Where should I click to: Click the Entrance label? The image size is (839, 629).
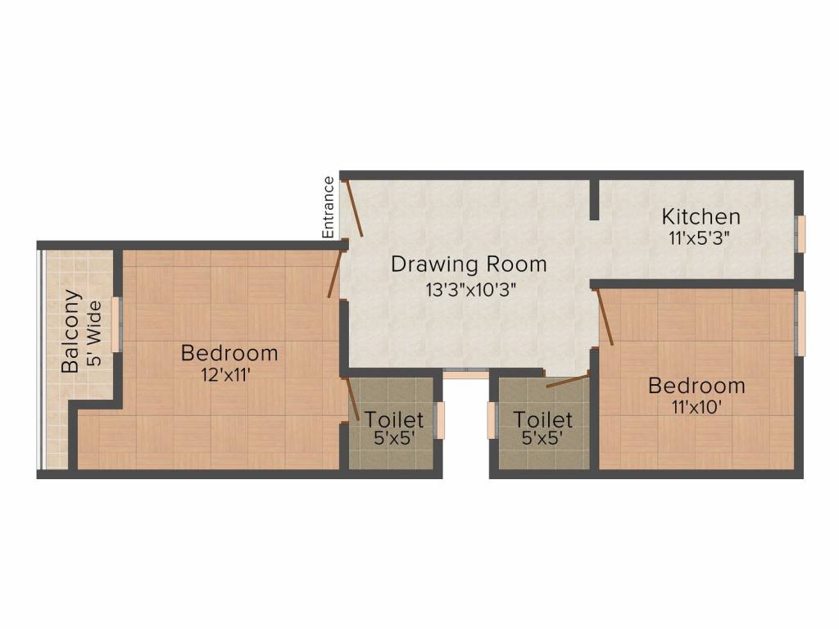[x=329, y=207]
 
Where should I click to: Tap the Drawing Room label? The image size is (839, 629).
[x=468, y=265]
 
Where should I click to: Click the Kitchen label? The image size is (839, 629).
[x=701, y=217]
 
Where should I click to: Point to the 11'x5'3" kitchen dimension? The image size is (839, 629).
[x=699, y=238]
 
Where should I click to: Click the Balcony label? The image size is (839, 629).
[x=72, y=330]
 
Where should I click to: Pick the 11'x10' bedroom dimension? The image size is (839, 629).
[x=697, y=407]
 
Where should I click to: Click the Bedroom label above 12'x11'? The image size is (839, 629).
[x=229, y=353]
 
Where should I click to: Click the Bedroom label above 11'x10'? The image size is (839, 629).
[x=696, y=385]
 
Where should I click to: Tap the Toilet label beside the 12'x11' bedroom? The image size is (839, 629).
[x=394, y=419]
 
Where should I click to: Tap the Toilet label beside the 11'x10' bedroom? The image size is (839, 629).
[x=542, y=419]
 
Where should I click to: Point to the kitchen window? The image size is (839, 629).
[x=802, y=233]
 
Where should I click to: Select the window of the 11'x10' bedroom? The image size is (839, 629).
[x=801, y=324]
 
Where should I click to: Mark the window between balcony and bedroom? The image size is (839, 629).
[x=116, y=324]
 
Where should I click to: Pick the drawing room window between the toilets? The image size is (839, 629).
[x=465, y=374]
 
